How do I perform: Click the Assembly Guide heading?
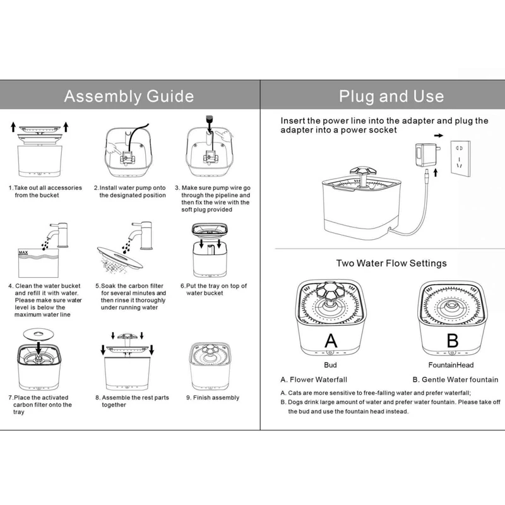[129, 97]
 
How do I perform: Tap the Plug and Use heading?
[391, 97]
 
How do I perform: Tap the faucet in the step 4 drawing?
[59, 234]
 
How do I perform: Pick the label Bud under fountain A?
[330, 365]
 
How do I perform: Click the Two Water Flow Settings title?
[391, 263]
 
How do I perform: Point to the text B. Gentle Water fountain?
[454, 380]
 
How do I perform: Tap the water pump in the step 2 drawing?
[130, 158]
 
